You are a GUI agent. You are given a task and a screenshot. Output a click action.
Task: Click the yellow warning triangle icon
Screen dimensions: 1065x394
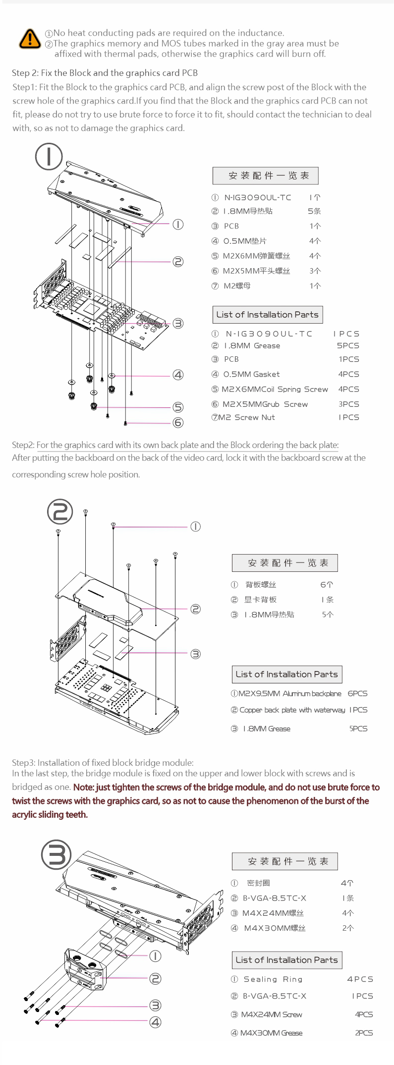click(30, 39)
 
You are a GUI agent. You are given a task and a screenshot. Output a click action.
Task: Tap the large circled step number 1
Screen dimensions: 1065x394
click(49, 156)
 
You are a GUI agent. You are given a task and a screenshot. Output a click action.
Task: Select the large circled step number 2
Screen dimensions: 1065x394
click(60, 511)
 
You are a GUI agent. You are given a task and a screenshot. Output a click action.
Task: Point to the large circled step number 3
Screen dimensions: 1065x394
click(56, 854)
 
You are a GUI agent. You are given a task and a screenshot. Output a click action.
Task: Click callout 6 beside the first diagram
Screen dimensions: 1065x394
click(178, 422)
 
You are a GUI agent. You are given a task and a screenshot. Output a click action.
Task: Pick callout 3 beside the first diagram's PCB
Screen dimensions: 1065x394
click(178, 323)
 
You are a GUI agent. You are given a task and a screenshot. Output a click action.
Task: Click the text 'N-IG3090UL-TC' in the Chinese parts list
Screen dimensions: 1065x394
click(258, 197)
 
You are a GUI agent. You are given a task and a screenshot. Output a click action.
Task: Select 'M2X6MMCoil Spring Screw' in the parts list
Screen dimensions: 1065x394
click(275, 389)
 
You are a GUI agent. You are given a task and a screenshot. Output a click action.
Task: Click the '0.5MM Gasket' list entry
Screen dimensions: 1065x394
click(251, 374)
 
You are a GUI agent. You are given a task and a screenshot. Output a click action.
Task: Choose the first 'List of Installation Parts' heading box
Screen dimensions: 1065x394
click(267, 315)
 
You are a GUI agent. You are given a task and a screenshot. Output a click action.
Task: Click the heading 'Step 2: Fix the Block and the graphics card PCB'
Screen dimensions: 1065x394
click(105, 73)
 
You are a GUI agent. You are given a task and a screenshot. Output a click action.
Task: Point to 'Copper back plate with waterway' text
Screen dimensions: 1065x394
click(292, 710)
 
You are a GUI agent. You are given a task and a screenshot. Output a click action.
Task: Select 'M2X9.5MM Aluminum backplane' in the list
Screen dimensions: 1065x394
click(290, 693)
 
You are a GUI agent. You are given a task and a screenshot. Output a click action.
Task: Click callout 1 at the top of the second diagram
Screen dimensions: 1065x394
click(195, 526)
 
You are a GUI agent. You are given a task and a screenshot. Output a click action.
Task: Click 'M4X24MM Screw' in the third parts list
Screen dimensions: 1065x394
click(271, 1014)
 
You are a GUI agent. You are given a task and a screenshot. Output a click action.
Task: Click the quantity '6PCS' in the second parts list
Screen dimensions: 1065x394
click(357, 693)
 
